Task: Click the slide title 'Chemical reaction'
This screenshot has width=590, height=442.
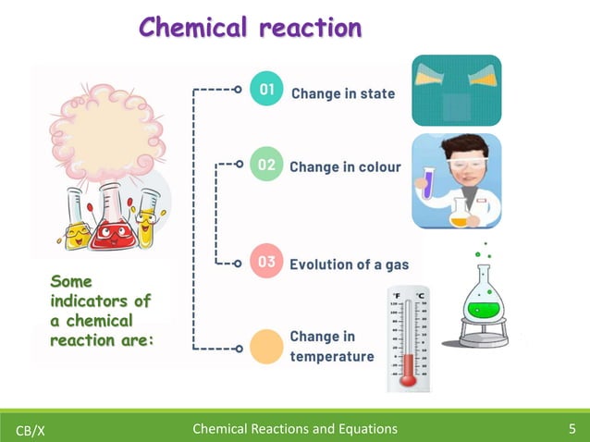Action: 250,27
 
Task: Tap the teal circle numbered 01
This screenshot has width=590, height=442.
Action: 266,90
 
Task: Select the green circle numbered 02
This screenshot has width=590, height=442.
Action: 266,166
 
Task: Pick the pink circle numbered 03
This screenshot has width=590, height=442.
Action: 266,262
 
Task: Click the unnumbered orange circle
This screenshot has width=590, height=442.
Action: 266,345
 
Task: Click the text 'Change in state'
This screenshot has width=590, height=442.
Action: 343,93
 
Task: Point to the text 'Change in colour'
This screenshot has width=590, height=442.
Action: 345,167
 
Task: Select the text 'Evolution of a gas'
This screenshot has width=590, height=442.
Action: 349,264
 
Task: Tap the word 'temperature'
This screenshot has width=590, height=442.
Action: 332,356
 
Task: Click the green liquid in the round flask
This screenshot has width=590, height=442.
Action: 482,306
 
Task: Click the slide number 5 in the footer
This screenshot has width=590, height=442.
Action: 572,428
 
